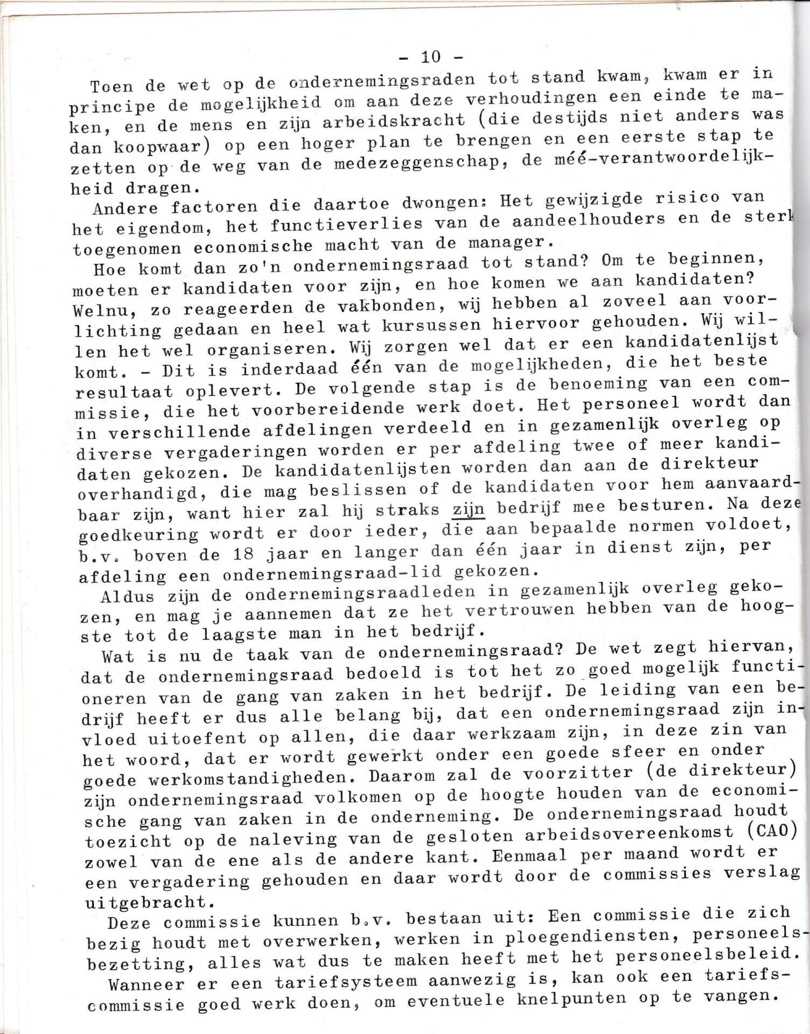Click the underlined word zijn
point(469,508)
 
